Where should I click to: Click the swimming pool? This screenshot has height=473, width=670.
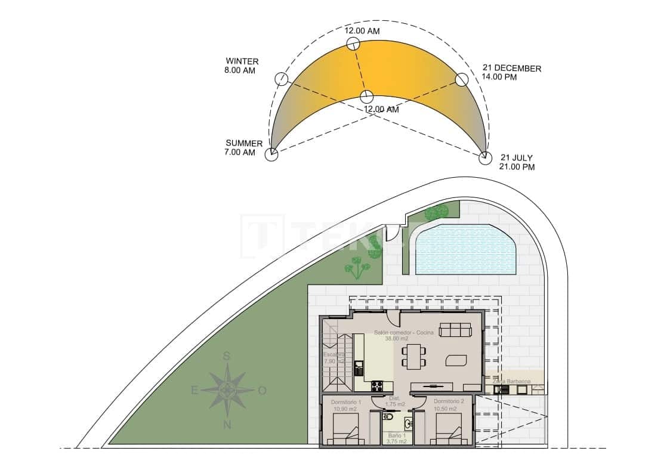click(x=465, y=249)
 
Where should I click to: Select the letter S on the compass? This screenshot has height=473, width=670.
click(x=226, y=357)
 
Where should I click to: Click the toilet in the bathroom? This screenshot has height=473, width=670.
click(x=408, y=424)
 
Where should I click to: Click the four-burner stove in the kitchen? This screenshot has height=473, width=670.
click(x=378, y=386)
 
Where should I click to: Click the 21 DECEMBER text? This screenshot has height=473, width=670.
click(x=511, y=69)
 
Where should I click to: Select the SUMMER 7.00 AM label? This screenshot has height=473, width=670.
click(x=243, y=147)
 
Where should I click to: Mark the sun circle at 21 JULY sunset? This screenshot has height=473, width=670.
click(x=485, y=157)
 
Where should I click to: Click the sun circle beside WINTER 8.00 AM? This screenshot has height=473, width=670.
click(x=281, y=79)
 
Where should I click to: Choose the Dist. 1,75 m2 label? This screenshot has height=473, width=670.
click(x=394, y=401)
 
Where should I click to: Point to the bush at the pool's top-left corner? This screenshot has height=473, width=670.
click(x=437, y=211)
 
